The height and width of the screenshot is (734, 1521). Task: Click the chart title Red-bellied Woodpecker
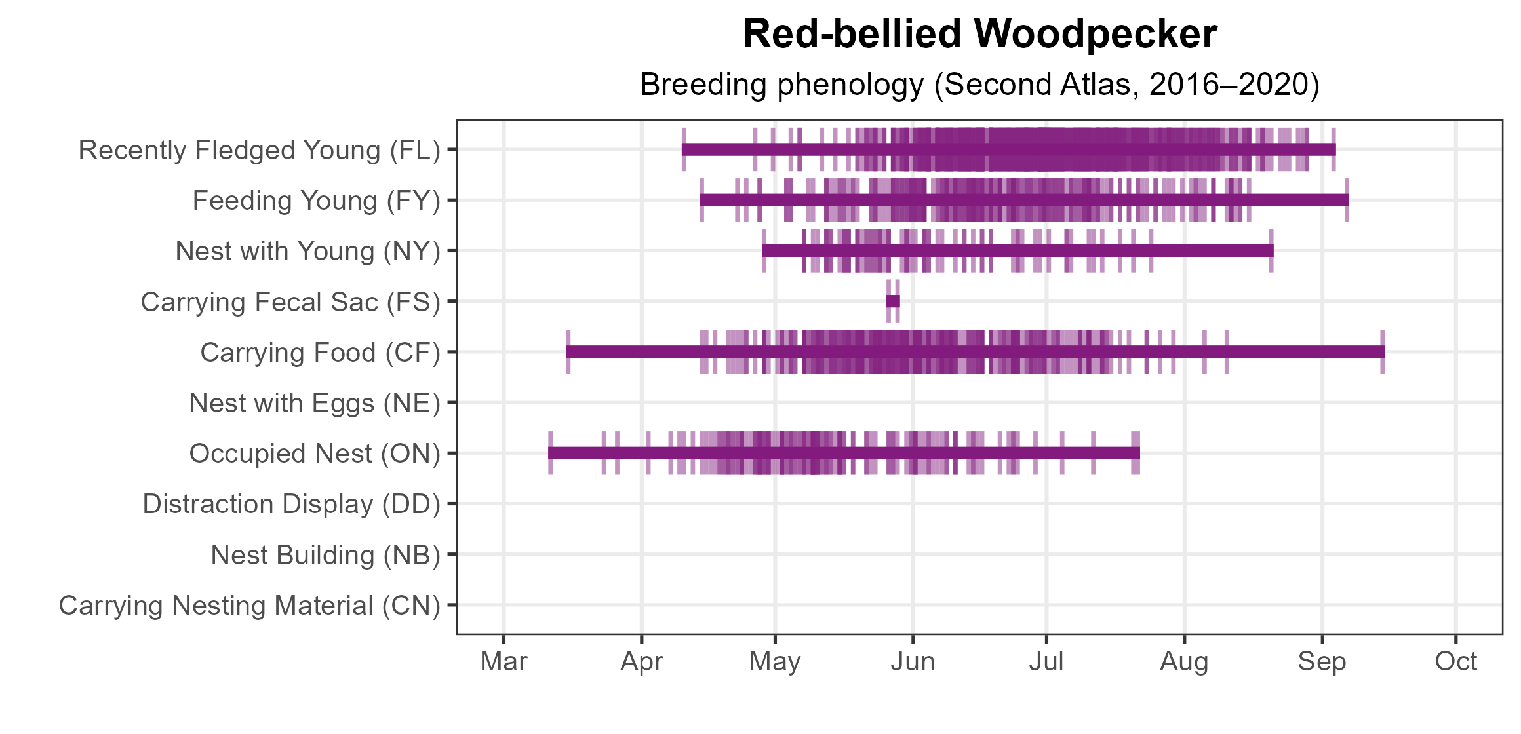(979, 34)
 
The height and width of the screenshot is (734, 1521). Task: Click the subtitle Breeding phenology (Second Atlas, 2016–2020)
(979, 85)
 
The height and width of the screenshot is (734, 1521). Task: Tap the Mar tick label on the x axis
(504, 662)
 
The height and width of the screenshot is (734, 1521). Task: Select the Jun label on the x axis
(913, 662)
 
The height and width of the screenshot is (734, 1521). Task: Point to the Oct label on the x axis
(1455, 662)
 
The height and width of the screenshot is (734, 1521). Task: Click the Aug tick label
(1184, 662)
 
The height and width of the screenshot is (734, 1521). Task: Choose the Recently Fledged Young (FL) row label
(259, 150)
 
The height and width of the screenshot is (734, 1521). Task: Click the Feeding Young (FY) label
(316, 201)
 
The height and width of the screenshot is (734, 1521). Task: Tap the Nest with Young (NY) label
(307, 251)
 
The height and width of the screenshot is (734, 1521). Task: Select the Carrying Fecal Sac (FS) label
(290, 302)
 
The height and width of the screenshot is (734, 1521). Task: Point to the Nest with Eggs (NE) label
(314, 403)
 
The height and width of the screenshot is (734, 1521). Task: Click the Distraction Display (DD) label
(291, 504)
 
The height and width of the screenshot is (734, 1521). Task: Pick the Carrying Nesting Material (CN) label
(249, 606)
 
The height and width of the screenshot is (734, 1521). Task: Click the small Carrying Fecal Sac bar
(893, 301)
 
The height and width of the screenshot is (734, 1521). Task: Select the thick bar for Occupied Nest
(844, 453)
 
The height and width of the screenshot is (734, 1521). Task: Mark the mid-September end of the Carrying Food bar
(1382, 352)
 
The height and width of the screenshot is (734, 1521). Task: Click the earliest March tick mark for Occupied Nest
(551, 453)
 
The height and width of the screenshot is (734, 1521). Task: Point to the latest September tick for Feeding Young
(1347, 200)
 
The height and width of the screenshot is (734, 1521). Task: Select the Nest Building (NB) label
(325, 555)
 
